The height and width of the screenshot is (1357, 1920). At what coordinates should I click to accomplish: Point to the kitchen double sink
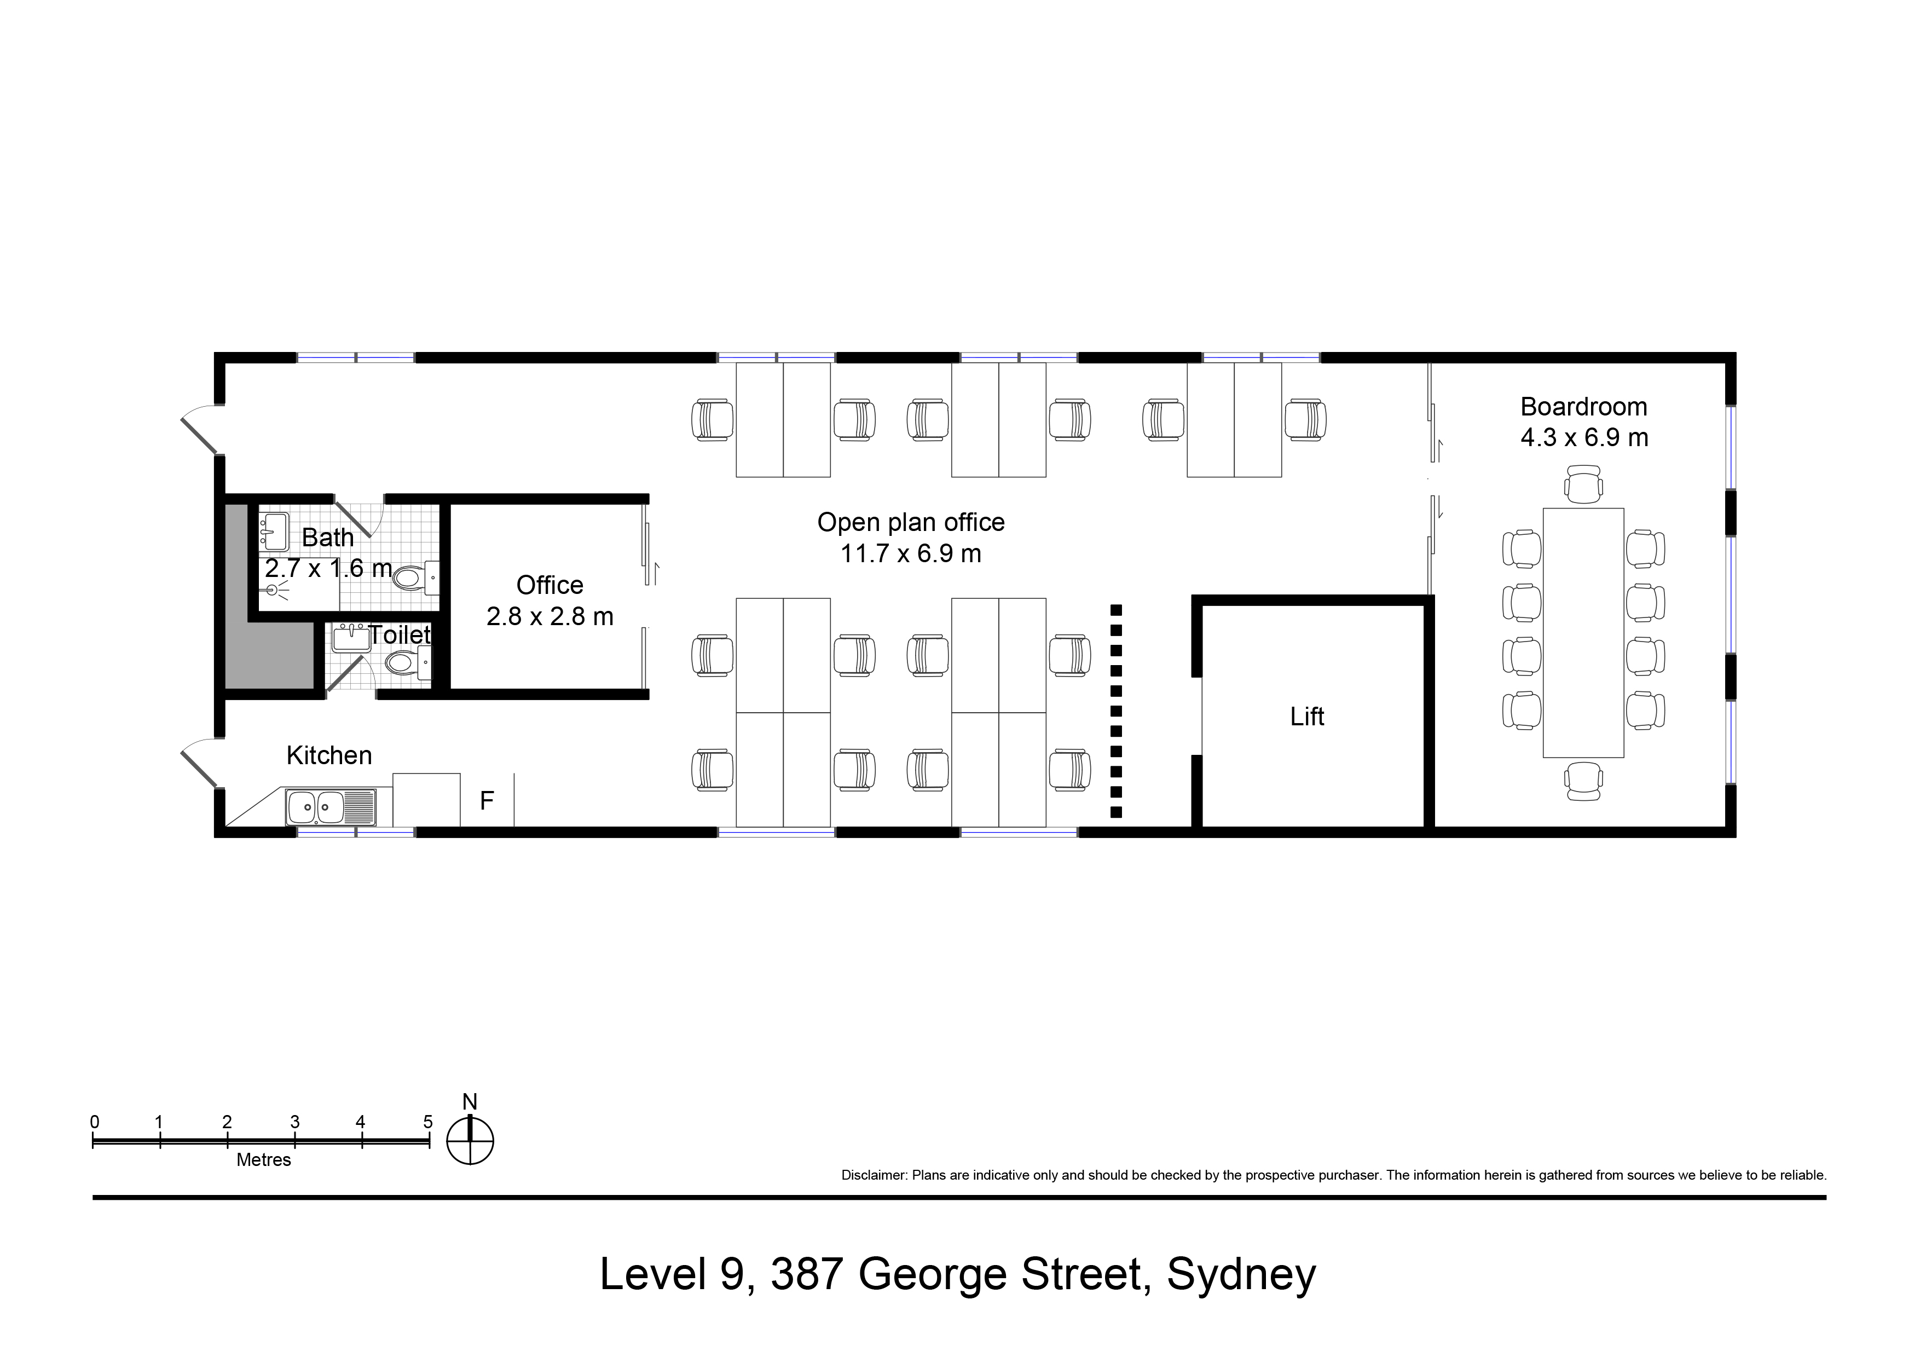point(331,807)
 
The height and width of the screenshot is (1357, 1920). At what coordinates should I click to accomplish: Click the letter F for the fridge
point(487,801)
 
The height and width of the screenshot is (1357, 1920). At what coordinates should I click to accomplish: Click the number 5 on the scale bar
point(427,1122)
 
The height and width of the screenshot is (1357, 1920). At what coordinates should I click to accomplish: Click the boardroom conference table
point(1583,632)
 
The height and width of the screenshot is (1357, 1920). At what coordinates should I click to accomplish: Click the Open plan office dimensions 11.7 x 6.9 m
point(911,553)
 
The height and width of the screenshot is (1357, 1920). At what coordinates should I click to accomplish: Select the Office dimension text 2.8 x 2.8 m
point(550,616)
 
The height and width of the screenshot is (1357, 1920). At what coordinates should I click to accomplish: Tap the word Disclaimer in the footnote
point(873,1175)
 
